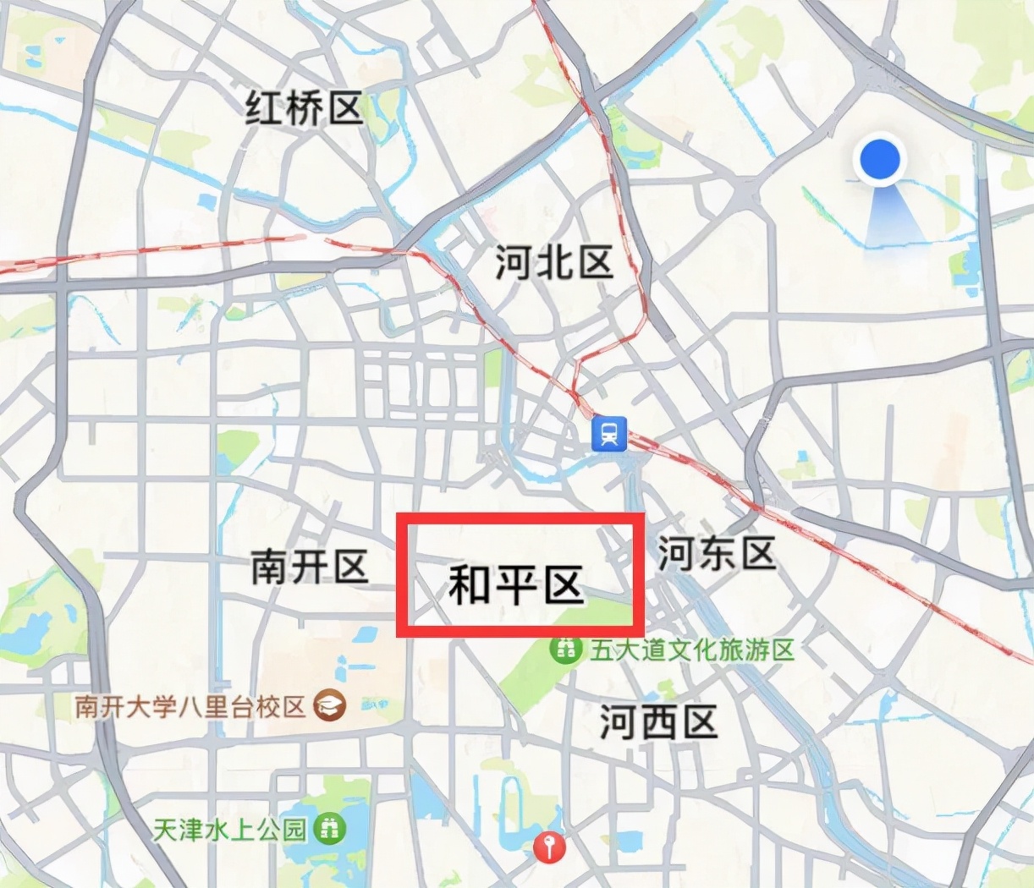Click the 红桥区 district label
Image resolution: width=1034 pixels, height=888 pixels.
(304, 108)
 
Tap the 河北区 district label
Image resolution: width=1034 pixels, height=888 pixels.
(554, 262)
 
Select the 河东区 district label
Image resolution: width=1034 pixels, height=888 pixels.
(717, 554)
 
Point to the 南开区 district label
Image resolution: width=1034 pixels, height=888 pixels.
(309, 567)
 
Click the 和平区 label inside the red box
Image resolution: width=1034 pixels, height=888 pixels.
(516, 584)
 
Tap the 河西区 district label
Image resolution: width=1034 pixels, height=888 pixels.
(658, 723)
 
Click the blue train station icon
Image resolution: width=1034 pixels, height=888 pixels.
(609, 434)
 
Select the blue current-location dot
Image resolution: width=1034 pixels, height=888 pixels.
(879, 159)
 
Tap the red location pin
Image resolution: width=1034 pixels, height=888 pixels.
(550, 845)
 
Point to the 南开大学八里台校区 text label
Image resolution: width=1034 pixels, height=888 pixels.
(190, 705)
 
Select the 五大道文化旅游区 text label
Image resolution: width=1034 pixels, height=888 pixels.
(693, 650)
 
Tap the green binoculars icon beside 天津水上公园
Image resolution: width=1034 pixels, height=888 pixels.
(330, 828)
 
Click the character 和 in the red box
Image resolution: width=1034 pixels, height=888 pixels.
(469, 584)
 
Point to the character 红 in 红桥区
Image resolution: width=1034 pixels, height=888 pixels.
(265, 108)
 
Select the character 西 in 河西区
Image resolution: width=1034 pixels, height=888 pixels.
(658, 723)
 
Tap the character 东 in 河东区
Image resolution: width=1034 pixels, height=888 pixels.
(717, 554)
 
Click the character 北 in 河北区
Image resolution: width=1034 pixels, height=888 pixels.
(554, 262)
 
